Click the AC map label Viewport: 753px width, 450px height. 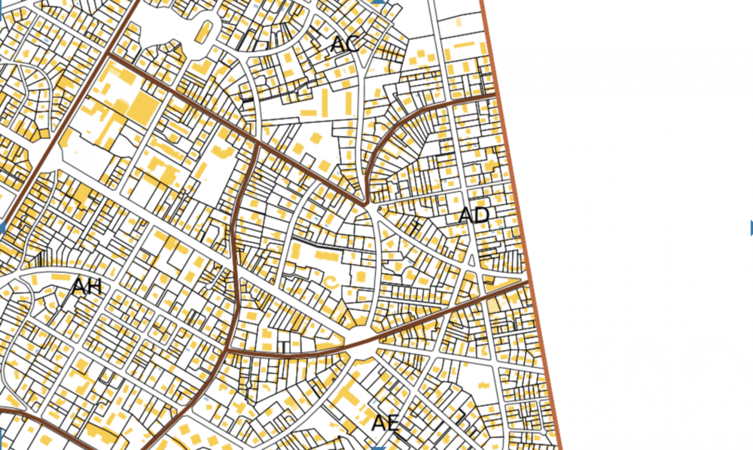tap(344, 44)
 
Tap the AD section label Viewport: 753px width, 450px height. tap(474, 215)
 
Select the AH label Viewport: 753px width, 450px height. tap(86, 287)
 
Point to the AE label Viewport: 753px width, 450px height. tap(384, 422)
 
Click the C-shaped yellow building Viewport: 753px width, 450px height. tap(331, 281)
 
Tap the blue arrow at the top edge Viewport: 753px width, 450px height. tap(379, 2)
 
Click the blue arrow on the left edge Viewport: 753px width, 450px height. tap(2, 227)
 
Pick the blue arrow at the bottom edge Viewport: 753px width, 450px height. tap(379, 447)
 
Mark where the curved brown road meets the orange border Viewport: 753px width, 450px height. tap(496, 95)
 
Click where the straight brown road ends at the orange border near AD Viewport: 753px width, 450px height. tap(524, 282)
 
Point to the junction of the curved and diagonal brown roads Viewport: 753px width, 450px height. tap(365, 203)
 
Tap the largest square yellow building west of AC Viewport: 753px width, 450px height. tap(141, 108)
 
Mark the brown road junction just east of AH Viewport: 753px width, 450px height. tap(227, 351)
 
